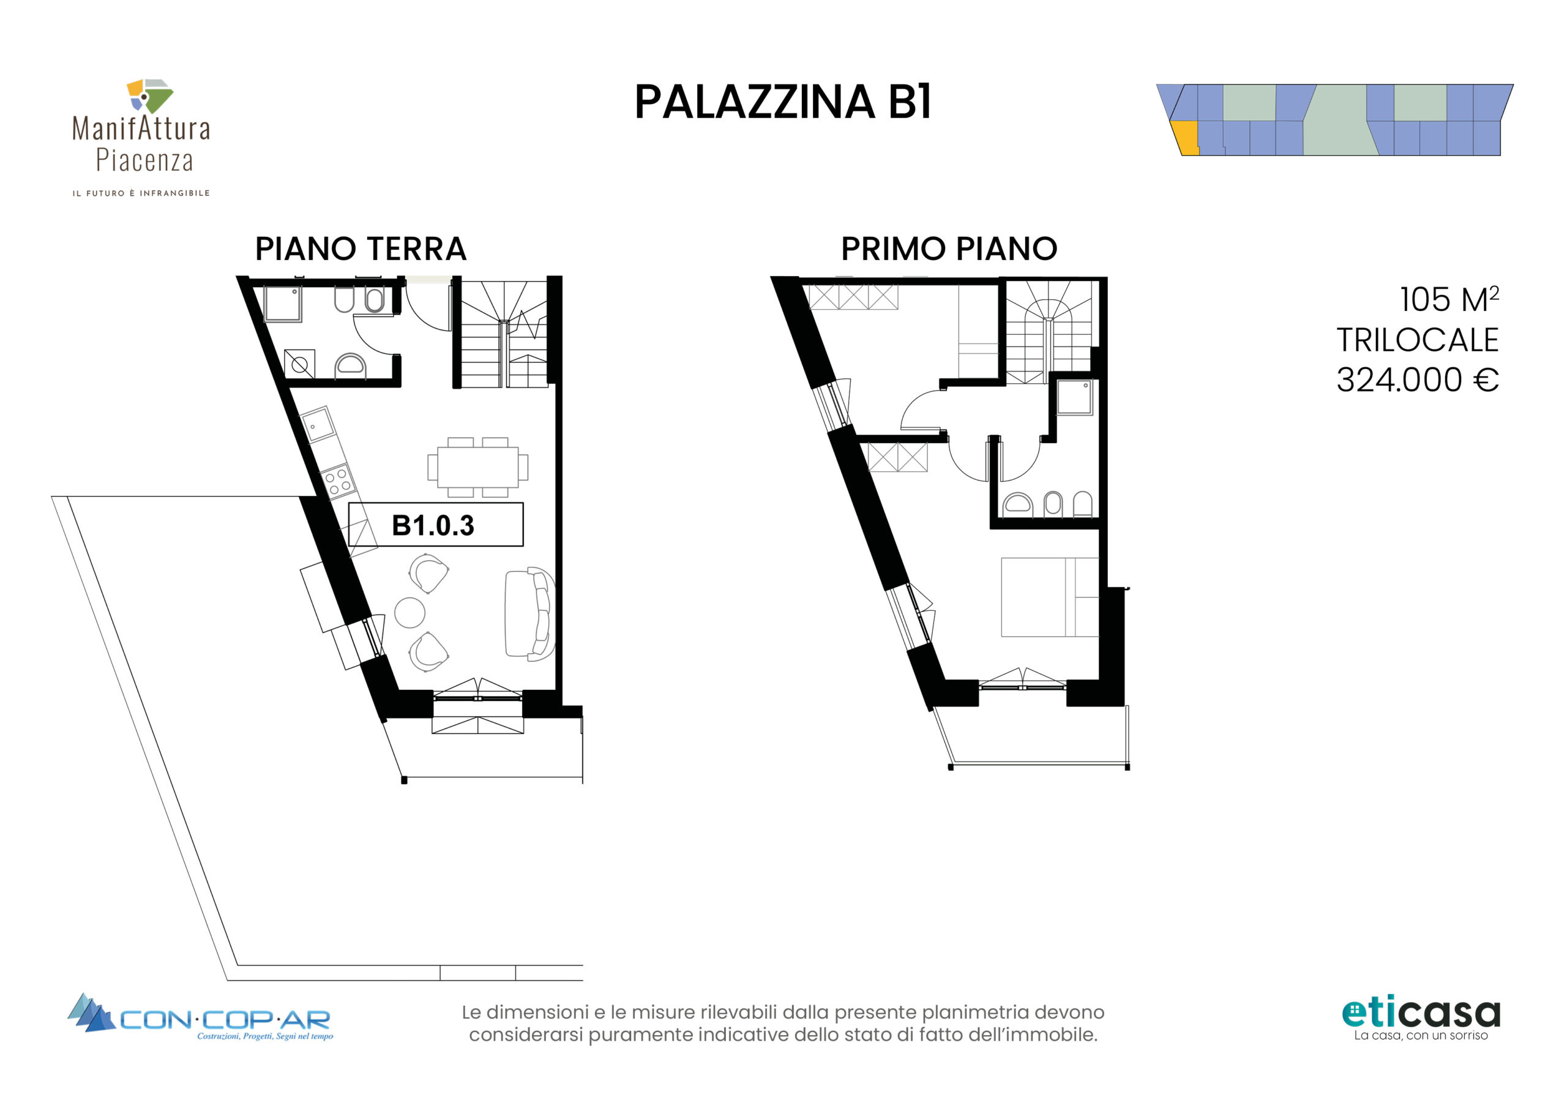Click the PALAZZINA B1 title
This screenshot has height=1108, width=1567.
783,102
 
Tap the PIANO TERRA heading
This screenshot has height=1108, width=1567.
361,249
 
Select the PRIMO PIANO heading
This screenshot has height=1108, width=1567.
949,249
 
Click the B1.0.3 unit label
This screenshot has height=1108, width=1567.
433,526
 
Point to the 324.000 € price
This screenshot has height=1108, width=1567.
1417,380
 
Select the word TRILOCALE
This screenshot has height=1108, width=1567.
1417,340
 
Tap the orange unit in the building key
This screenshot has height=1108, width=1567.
1186,138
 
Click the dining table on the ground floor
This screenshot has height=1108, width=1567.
477,467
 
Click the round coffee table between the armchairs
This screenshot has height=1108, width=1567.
410,612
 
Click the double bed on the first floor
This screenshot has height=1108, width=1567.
1050,597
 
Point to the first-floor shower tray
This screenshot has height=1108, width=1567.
1075,397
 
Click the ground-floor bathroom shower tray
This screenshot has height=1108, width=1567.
283,304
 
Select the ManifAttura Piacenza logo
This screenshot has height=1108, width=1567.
141,137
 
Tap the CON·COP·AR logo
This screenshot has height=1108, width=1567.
200,1017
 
